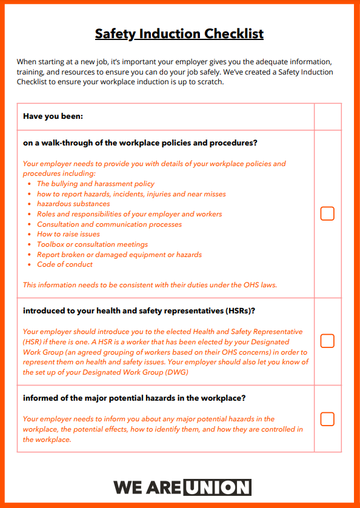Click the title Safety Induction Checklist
pos(179,33)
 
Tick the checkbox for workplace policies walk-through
pos(327,213)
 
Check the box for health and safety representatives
pos(327,341)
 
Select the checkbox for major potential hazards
pos(327,419)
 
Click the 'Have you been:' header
pos(53,116)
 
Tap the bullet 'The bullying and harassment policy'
pos(95,184)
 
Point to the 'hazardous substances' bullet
pos(73,204)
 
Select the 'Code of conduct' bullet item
pos(65,264)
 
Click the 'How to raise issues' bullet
pos(68,234)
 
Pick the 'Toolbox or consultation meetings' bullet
pos(92,244)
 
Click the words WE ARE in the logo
pos(147,487)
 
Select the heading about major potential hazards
pos(134,398)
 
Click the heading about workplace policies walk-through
pos(140,144)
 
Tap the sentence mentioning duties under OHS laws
pos(150,285)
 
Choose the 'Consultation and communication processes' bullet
pos(109,224)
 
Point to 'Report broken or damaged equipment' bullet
pos(119,255)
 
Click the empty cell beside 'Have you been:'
pos(327,116)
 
